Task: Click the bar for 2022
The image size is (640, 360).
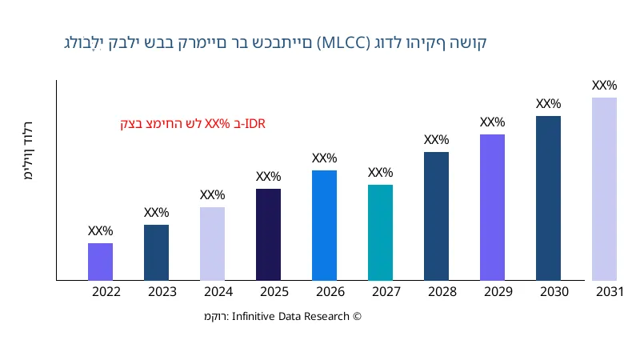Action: (100, 262)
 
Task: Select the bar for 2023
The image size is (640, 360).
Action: (156, 253)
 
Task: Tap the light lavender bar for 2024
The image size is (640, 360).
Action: (212, 244)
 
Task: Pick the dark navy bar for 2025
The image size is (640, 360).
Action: (268, 234)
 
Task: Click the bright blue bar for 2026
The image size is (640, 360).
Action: (324, 226)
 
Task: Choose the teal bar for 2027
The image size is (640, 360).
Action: (380, 233)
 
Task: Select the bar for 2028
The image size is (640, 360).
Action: (436, 216)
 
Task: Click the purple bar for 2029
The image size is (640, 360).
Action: (492, 207)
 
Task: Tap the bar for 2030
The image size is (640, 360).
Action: (548, 198)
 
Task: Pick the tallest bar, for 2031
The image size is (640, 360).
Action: (604, 189)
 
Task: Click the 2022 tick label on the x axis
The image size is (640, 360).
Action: (106, 292)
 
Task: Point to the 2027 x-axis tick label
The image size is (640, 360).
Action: (386, 292)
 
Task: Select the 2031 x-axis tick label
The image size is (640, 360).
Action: (610, 292)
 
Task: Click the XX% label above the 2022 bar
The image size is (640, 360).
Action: (100, 231)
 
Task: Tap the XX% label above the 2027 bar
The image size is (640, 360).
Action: (380, 173)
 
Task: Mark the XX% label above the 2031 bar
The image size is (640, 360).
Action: (604, 86)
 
